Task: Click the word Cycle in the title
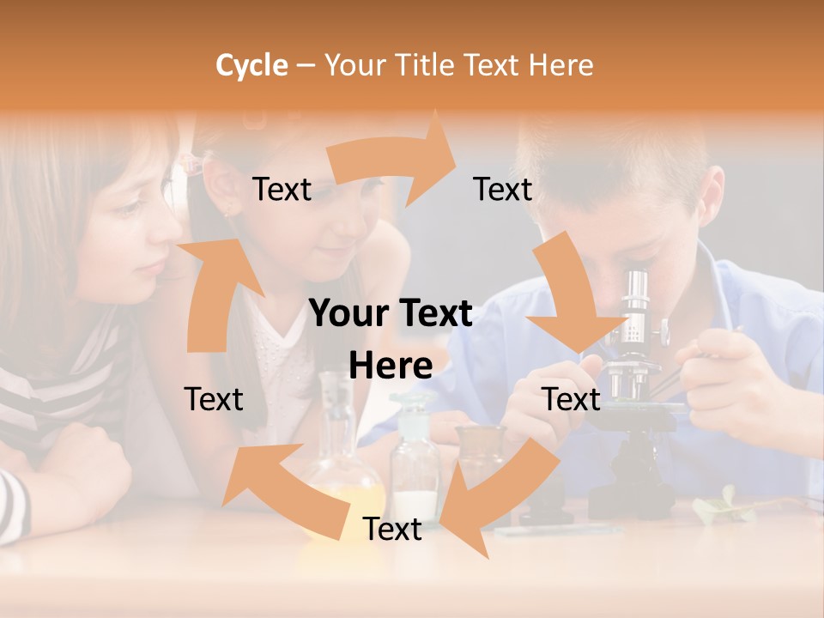pyautogui.click(x=251, y=65)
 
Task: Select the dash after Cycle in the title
pyautogui.click(x=305, y=65)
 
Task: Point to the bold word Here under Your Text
pyautogui.click(x=391, y=367)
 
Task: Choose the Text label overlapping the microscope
pyautogui.click(x=572, y=400)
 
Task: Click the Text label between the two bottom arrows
pyautogui.click(x=392, y=530)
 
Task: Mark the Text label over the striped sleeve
pyautogui.click(x=214, y=400)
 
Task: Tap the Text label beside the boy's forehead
pyautogui.click(x=503, y=190)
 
